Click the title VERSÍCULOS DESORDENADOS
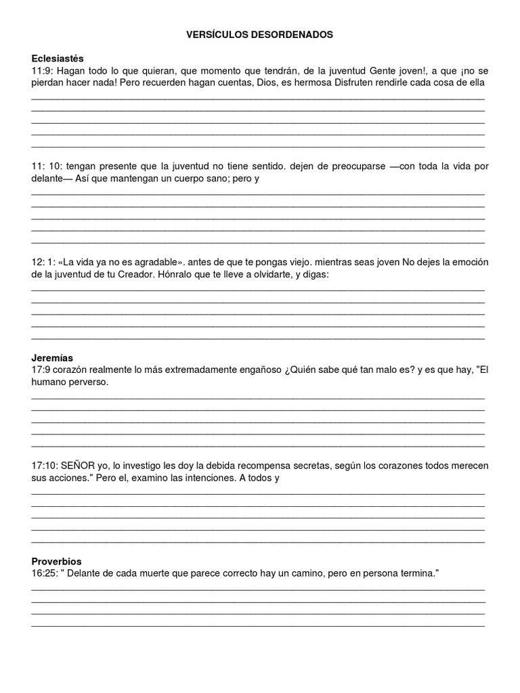coord(260,34)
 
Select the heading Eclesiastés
coord(58,58)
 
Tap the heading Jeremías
coord(52,357)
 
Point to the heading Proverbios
coord(57,562)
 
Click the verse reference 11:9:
coord(43,70)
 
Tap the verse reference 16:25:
coord(45,573)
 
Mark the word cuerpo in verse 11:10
coord(178,178)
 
